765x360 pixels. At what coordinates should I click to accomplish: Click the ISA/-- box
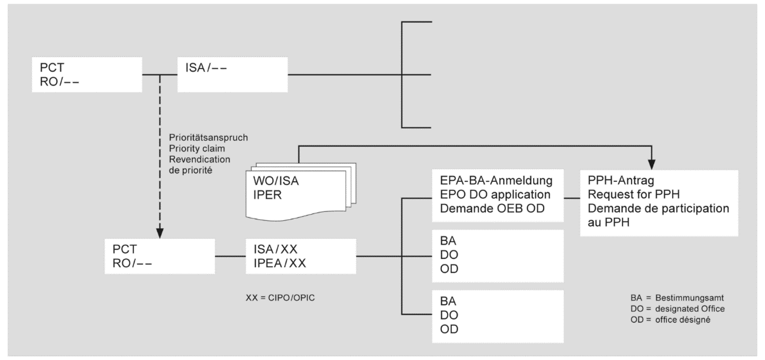tap(232, 75)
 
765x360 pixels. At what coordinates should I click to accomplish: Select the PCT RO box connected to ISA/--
tap(86, 75)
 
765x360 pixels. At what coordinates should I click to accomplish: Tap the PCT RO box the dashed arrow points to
tap(159, 256)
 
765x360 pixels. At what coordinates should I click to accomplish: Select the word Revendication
tap(195, 158)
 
